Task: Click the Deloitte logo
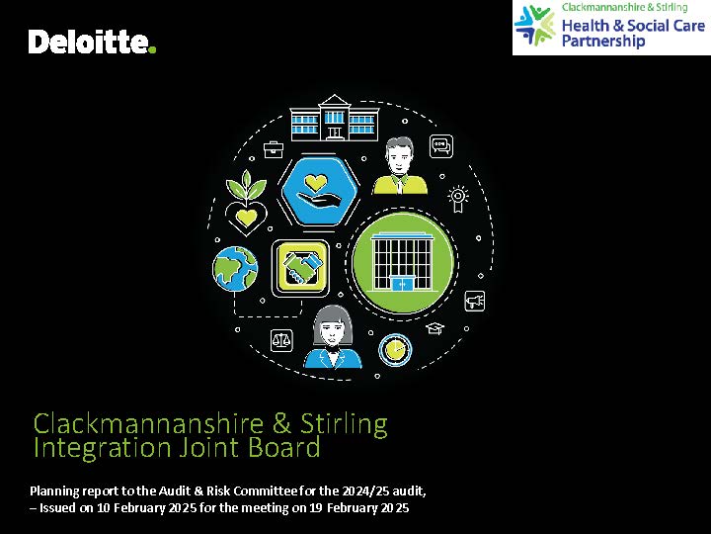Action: tap(92, 42)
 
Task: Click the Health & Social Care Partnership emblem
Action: tap(535, 26)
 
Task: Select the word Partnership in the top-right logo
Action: tap(603, 41)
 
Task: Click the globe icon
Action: tap(235, 268)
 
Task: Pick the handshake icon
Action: tap(300, 268)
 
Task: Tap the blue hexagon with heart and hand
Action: tap(320, 191)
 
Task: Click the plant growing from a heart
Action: tap(246, 203)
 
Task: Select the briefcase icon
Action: tap(274, 149)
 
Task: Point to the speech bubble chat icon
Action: tap(441, 146)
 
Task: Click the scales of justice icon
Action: tap(281, 340)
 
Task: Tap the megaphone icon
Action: tap(475, 301)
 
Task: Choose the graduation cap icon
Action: tap(434, 328)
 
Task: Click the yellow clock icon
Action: tap(395, 350)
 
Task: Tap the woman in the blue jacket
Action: tap(333, 337)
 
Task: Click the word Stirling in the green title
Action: tap(345, 424)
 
